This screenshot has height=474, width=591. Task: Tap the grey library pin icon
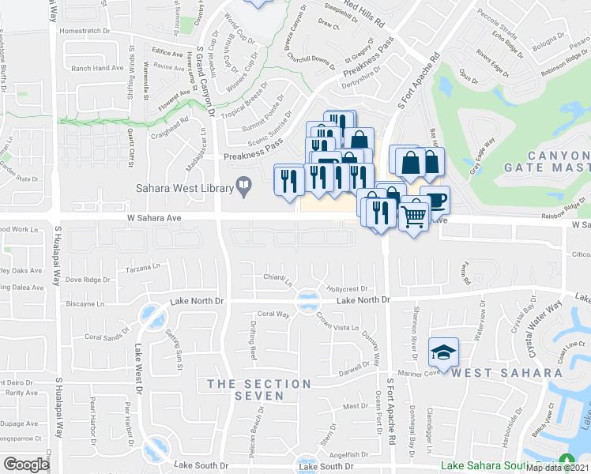click(x=245, y=187)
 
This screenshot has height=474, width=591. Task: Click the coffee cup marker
click(x=434, y=201)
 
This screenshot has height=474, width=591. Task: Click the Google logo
click(x=26, y=465)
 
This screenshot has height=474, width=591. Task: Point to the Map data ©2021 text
click(x=558, y=468)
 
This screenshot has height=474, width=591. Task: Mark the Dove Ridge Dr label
click(x=87, y=280)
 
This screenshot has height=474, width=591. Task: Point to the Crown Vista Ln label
click(x=337, y=321)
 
